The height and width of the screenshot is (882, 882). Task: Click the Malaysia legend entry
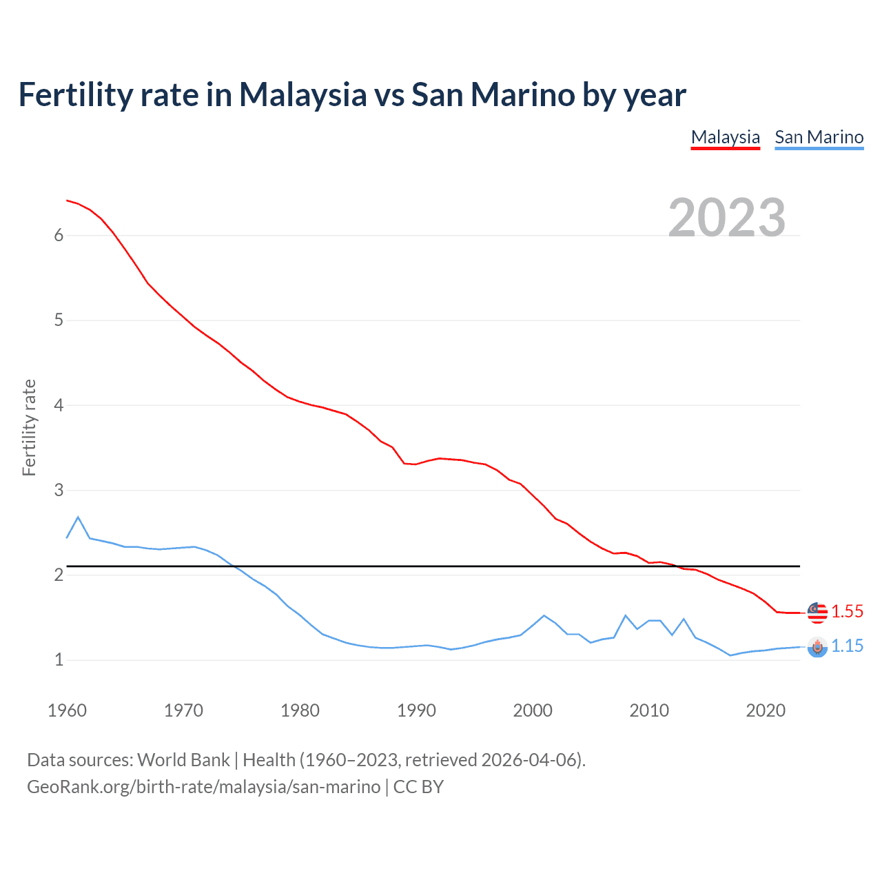725,137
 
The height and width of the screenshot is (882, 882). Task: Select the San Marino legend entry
819,137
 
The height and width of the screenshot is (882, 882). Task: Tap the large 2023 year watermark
727,218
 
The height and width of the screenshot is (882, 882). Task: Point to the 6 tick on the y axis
59,236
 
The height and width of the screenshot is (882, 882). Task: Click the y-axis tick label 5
59,320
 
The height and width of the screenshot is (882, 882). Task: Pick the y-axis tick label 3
59,491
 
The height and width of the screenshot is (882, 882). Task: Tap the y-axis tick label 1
59,660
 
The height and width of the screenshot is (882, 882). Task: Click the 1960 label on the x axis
67,710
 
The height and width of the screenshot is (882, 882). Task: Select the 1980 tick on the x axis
300,710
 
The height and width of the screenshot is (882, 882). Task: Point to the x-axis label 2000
533,710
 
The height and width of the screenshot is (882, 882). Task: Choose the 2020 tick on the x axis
766,710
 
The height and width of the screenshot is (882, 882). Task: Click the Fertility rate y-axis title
29,427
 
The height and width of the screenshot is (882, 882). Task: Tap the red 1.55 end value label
847,611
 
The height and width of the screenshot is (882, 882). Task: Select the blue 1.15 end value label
847,646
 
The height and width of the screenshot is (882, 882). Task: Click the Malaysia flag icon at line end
817,611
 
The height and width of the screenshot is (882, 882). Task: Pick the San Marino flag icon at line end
817,647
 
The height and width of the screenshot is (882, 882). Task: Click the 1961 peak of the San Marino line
78,517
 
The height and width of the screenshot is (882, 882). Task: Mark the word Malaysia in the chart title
302,94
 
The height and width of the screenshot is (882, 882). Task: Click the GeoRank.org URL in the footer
203,787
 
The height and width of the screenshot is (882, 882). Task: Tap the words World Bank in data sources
183,760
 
